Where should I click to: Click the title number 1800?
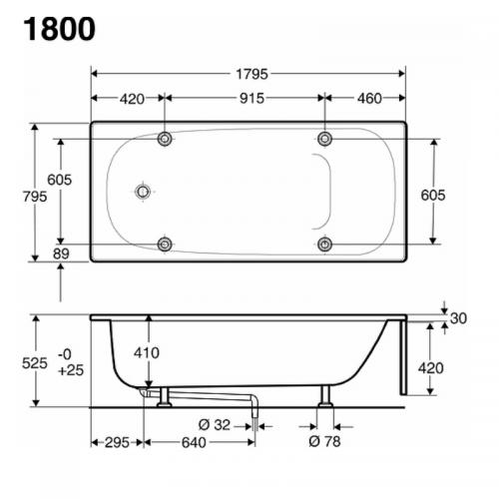pos(56,27)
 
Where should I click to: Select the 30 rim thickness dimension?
pos(458,318)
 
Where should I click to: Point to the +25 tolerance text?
pos(70,371)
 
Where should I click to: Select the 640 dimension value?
pos(194,441)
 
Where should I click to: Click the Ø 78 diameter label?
pos(325,441)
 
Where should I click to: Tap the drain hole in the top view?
pos(144,191)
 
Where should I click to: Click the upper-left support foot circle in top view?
pos(166,138)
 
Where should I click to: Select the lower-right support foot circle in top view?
pos(324,245)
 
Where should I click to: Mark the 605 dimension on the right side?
pos(433,196)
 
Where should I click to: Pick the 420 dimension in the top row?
pos(129,98)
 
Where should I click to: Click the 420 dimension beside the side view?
pos(430,367)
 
